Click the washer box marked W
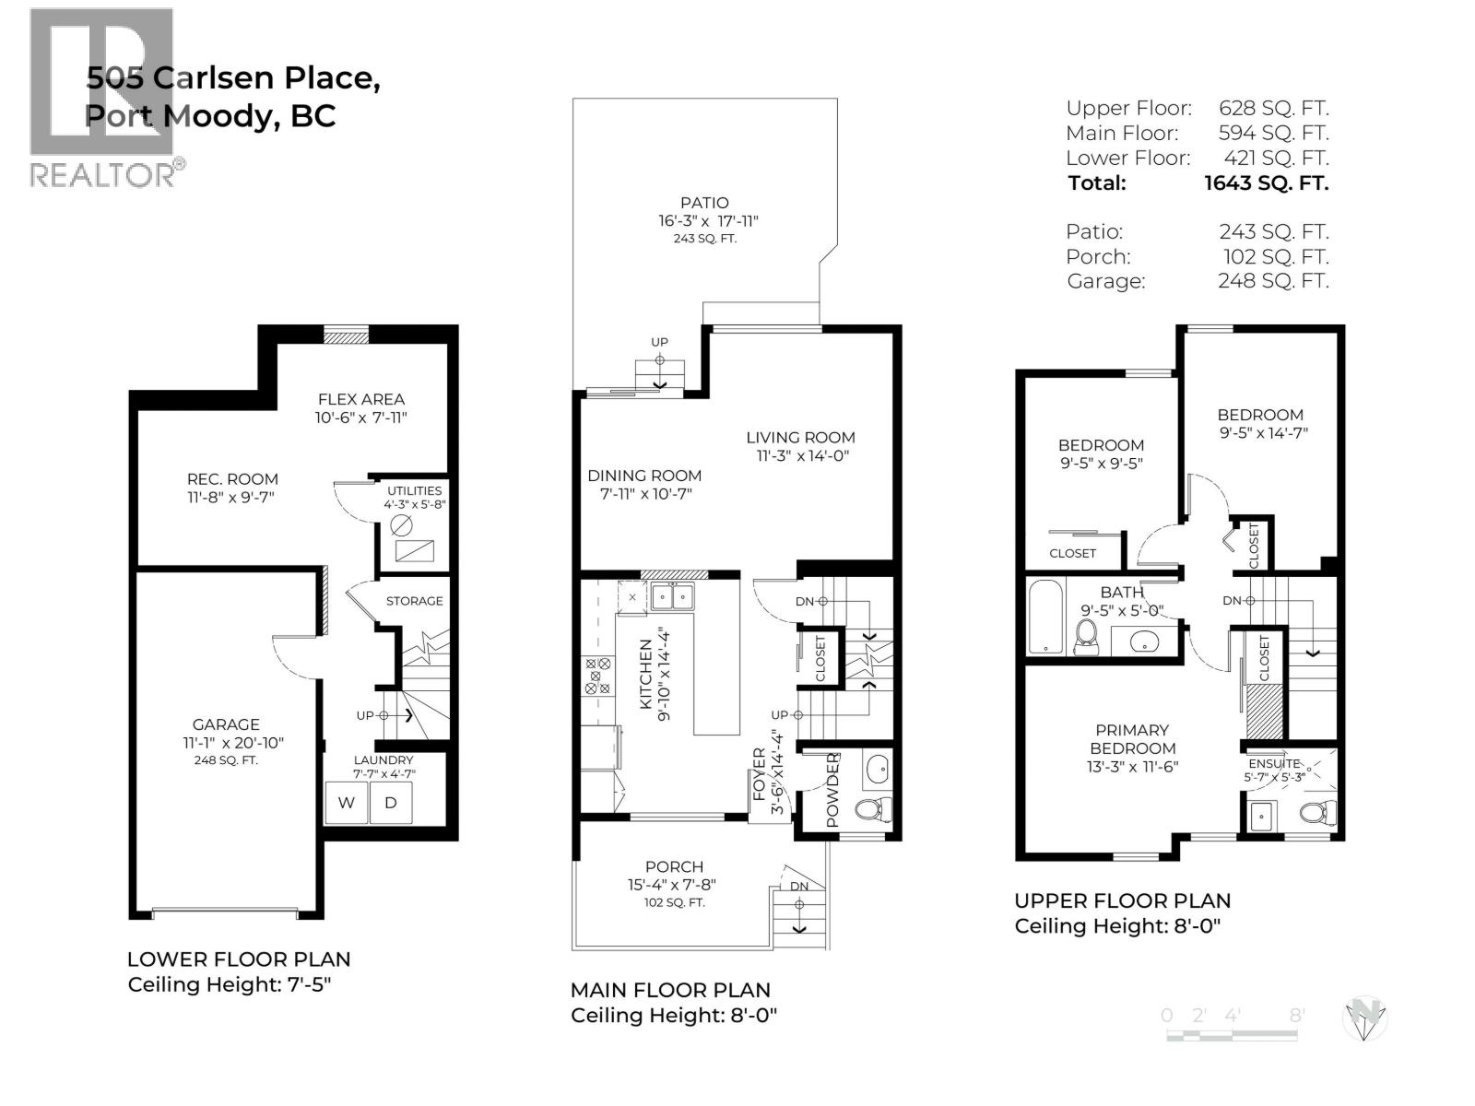pos(347,803)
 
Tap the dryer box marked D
pos(391,803)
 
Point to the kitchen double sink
pos(672,598)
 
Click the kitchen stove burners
pos(597,676)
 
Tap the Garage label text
pos(226,724)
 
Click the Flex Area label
pos(360,399)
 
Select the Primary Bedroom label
pos(1132,739)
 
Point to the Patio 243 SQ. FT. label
pos(704,239)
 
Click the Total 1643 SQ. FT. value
pos(1266,182)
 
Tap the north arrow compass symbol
pos(1364,1019)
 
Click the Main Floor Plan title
pos(670,990)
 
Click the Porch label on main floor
pos(674,866)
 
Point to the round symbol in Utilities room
pos(401,525)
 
